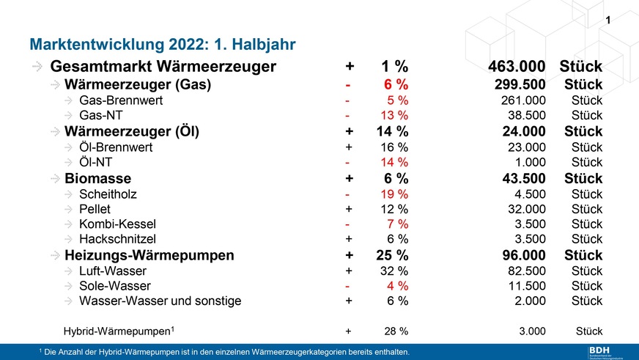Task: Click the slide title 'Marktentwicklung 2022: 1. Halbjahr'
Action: (x=161, y=44)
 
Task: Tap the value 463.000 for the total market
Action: (x=517, y=67)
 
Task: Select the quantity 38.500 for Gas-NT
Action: (x=527, y=116)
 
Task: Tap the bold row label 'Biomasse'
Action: (x=98, y=178)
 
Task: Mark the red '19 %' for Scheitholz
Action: (x=395, y=194)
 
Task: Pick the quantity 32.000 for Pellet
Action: (x=527, y=209)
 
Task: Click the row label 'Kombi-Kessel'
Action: (x=118, y=224)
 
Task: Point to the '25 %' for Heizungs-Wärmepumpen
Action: (x=392, y=256)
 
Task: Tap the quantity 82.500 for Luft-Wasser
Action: (x=527, y=271)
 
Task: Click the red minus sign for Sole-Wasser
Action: (x=348, y=286)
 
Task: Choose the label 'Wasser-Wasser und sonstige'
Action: (x=160, y=301)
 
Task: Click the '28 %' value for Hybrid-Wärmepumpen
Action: (x=395, y=331)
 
